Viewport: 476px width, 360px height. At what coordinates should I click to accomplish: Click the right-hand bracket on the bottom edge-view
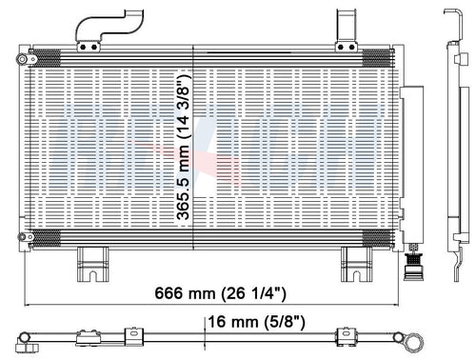tap(343, 336)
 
